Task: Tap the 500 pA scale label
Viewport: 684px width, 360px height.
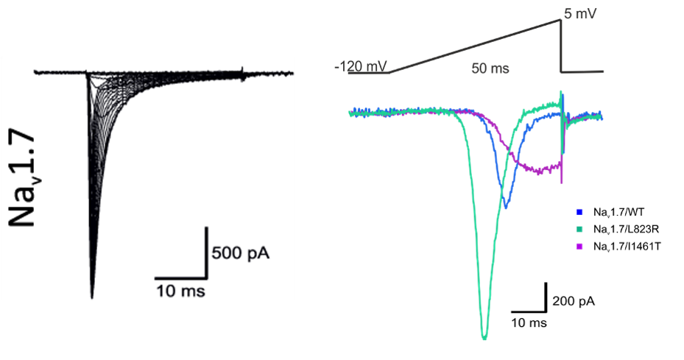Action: (x=239, y=254)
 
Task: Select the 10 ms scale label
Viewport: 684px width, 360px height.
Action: (x=180, y=292)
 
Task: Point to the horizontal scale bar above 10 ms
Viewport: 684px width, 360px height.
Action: (x=180, y=279)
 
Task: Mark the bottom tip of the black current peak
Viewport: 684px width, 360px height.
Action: (x=92, y=297)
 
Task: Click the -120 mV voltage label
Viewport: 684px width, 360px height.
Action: (x=360, y=67)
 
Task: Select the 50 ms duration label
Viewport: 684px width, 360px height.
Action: (x=490, y=68)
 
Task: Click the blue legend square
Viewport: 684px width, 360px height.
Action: (x=579, y=212)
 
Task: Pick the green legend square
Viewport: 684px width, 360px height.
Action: (x=579, y=229)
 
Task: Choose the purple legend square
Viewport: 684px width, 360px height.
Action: (x=579, y=246)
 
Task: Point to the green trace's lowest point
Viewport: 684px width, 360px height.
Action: (x=484, y=339)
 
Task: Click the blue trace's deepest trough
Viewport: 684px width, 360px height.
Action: (x=506, y=208)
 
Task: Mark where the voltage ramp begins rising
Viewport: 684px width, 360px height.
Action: (x=389, y=72)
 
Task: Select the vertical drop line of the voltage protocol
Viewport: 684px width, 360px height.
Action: (x=562, y=46)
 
